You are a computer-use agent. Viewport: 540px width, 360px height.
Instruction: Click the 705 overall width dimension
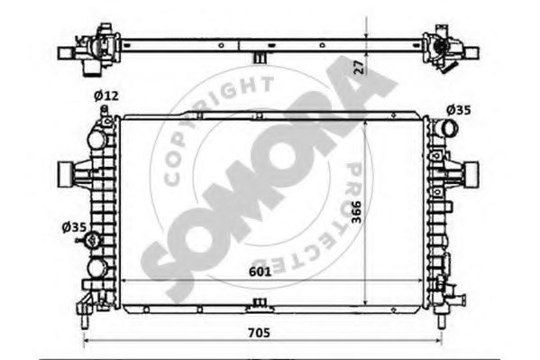coord(259,333)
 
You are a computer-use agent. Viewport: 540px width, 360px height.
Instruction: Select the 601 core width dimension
coord(260,272)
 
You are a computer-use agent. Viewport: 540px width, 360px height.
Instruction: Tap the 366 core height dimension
coord(356,212)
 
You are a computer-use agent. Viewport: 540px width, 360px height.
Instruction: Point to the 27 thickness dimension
coord(359,68)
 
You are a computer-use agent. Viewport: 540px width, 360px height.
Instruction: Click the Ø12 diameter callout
coord(106,96)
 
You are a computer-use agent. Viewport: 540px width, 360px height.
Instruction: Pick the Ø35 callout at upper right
coord(458,110)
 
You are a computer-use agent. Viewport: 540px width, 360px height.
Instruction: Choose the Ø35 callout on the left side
coord(74,226)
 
